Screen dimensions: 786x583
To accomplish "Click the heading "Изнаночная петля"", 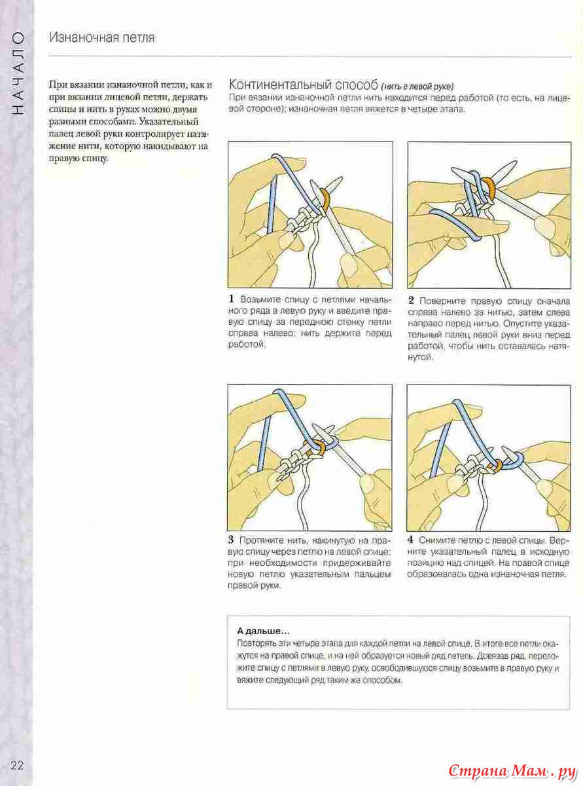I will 102,37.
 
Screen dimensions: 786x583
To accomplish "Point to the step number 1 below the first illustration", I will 232,300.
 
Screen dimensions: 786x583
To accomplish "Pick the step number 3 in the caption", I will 232,540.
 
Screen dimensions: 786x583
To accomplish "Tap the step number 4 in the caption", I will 411,541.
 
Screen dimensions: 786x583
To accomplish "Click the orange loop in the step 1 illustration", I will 323,198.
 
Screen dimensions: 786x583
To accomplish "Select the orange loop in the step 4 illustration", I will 499,465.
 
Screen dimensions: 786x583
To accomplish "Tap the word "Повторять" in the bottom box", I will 257,644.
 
